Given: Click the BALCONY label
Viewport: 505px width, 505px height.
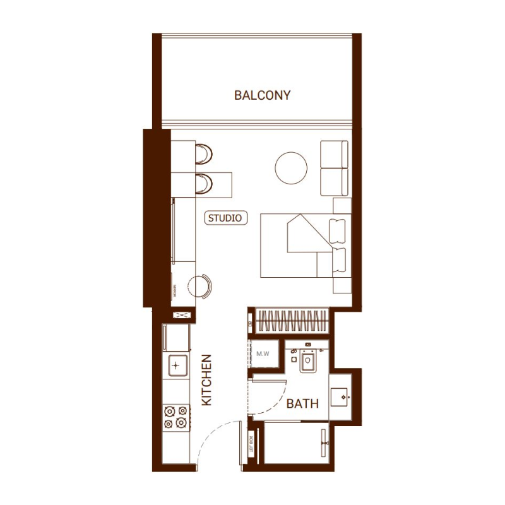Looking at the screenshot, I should click(262, 95).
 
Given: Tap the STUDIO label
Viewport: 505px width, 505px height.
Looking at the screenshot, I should click(225, 218).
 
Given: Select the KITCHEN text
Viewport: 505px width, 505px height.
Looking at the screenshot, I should click(206, 379).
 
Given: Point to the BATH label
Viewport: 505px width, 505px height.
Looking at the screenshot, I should click(302, 403).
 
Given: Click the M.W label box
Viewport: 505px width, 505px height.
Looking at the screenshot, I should click(263, 353).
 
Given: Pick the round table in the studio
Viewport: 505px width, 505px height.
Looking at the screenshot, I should click(291, 168).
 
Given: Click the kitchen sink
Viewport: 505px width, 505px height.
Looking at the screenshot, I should click(177, 364).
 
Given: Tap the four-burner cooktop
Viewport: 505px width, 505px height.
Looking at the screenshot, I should click(176, 417).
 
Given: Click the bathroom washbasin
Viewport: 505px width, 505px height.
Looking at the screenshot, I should click(342, 397).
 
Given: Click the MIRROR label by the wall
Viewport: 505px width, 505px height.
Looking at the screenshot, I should click(174, 291).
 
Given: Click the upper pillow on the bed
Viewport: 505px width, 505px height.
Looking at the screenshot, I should click(340, 229).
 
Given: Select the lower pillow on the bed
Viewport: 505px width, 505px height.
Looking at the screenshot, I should click(340, 261).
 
